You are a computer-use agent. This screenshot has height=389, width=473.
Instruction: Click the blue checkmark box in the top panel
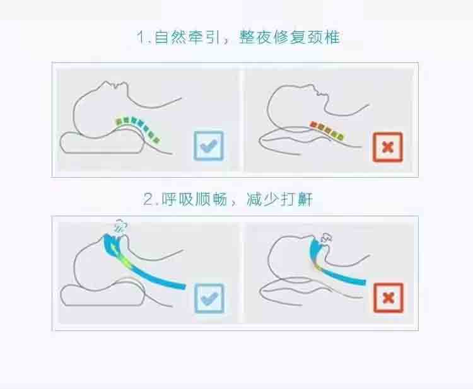pyautogui.click(x=209, y=146)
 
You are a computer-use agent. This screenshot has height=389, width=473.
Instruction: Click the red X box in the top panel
pyautogui.click(x=388, y=147)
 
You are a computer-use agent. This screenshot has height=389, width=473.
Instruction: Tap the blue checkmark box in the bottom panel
pyautogui.click(x=209, y=298)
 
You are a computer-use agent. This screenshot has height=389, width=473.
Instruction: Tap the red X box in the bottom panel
pyautogui.click(x=388, y=298)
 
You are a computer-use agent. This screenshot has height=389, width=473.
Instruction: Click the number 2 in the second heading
pyautogui.click(x=148, y=199)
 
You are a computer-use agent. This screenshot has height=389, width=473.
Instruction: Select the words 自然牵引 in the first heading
pyautogui.click(x=187, y=37)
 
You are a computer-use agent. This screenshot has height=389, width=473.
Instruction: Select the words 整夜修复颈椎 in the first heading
pyautogui.click(x=289, y=37)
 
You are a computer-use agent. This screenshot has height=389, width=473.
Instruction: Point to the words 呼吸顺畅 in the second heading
pyautogui.click(x=194, y=199)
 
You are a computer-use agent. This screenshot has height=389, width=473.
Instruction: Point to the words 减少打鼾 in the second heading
pyautogui.click(x=279, y=199)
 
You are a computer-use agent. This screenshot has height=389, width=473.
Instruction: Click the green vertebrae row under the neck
pyautogui.click(x=138, y=129)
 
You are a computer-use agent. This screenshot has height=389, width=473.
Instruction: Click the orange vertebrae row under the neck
pyautogui.click(x=327, y=131)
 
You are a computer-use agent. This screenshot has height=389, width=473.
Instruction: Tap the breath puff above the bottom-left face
pyautogui.click(x=120, y=226)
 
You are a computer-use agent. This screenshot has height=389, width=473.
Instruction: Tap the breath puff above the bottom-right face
pyautogui.click(x=326, y=238)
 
